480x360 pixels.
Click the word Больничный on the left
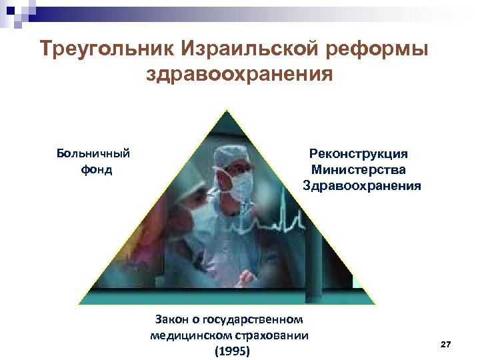coord(93,154)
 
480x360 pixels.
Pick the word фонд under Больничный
coord(97,169)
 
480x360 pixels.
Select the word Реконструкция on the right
coord(359,154)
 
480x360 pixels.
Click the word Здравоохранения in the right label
coord(362,185)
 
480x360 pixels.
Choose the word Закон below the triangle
coord(171,320)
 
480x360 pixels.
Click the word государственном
coord(257,320)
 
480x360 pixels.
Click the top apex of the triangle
coord(227,109)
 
